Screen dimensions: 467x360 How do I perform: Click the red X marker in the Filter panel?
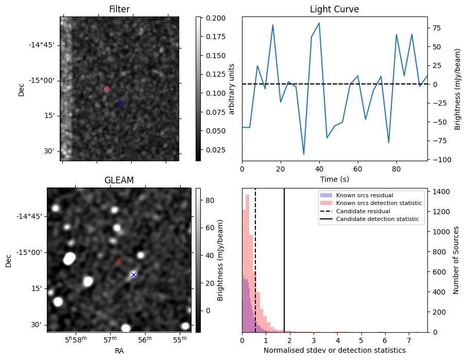107,89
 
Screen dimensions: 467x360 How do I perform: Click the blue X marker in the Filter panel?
120,103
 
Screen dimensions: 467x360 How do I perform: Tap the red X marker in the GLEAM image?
119,260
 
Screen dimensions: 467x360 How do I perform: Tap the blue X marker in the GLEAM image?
133,275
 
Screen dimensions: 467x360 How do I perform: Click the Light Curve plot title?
335,9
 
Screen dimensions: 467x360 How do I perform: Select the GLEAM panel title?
119,180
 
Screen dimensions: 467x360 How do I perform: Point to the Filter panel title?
119,9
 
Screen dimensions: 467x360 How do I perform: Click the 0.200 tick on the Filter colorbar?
216,18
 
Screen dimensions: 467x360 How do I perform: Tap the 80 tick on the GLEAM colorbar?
210,200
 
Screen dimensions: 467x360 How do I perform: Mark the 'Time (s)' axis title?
335,179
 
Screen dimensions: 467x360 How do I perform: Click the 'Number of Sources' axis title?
456,260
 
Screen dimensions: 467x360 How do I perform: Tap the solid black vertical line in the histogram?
284,260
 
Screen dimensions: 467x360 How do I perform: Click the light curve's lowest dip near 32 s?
304,154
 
